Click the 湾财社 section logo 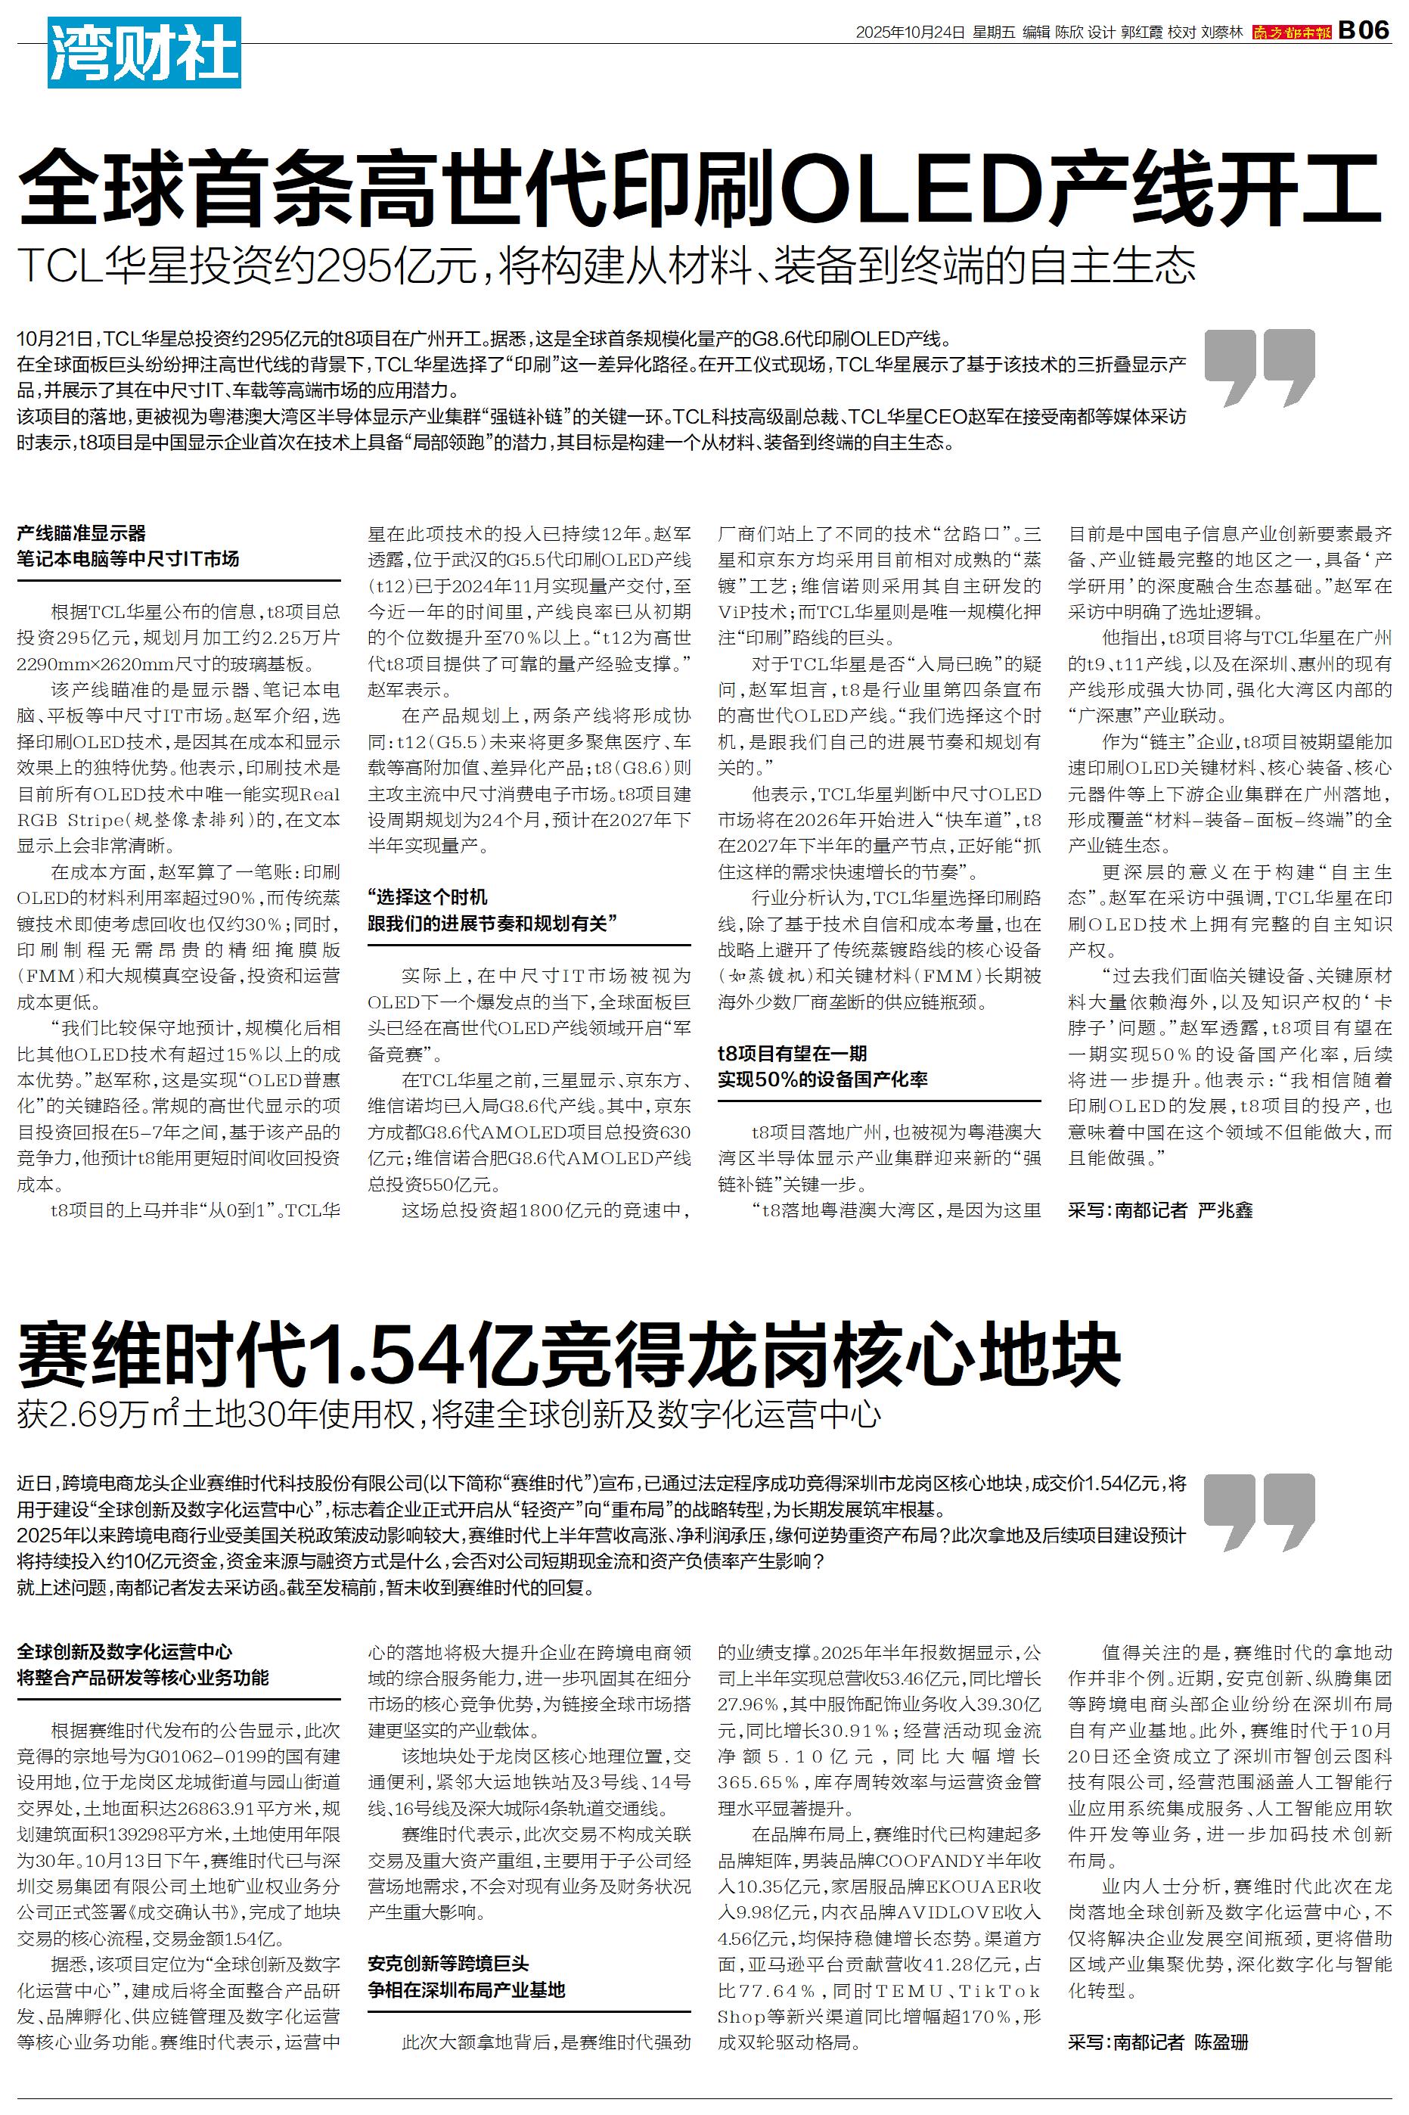[x=144, y=53]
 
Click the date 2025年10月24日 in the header [x=909, y=33]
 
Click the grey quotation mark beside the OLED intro [x=1260, y=367]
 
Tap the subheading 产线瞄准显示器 [x=81, y=533]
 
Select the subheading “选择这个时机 [x=428, y=896]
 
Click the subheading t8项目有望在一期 [x=792, y=1053]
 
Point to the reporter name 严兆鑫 [x=1224, y=1210]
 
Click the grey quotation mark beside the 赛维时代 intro [x=1260, y=1511]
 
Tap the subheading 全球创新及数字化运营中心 [x=124, y=1651]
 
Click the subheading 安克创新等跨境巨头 [x=448, y=1963]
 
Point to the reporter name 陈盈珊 [x=1221, y=2042]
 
